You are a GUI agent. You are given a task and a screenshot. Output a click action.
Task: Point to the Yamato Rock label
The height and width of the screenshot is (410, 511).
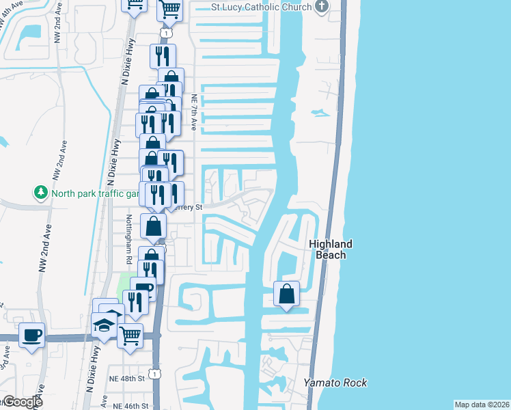click(335, 383)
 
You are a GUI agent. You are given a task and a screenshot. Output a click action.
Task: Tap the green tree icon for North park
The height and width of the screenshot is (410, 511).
click(41, 193)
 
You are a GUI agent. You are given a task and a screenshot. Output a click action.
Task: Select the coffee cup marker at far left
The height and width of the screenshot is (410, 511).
click(31, 335)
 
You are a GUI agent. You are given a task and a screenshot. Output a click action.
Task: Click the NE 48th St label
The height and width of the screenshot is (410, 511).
click(128, 377)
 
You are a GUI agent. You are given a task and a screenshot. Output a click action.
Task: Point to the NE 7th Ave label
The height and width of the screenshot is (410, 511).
click(194, 113)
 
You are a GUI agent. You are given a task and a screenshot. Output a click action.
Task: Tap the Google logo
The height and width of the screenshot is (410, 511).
click(22, 402)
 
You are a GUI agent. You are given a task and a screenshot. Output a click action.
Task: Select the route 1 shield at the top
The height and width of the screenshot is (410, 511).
click(166, 32)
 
